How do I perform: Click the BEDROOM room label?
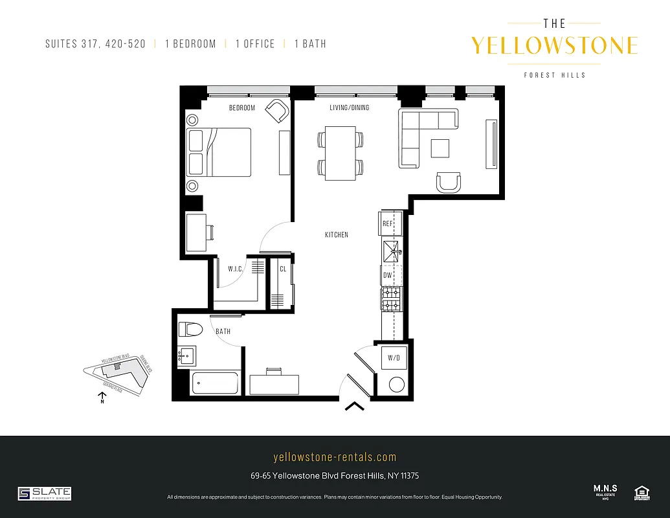pos(242,107)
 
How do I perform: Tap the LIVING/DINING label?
pos(350,107)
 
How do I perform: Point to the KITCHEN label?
pos(337,234)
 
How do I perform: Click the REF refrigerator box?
pos(388,223)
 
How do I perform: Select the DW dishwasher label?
pos(388,275)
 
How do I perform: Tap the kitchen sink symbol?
pos(392,251)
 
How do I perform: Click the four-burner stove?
pos(391,298)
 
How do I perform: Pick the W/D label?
pos(394,357)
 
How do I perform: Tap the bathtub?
pos(216,384)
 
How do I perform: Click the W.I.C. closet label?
pos(235,268)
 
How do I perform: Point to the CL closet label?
pos(283,269)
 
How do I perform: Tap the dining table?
pos(340,153)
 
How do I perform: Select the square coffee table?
pos(441,148)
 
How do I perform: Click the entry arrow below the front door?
pos(354,407)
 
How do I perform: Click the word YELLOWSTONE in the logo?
pos(554,45)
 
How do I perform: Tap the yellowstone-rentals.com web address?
pos(335,457)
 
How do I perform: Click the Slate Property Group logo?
pos(45,493)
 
